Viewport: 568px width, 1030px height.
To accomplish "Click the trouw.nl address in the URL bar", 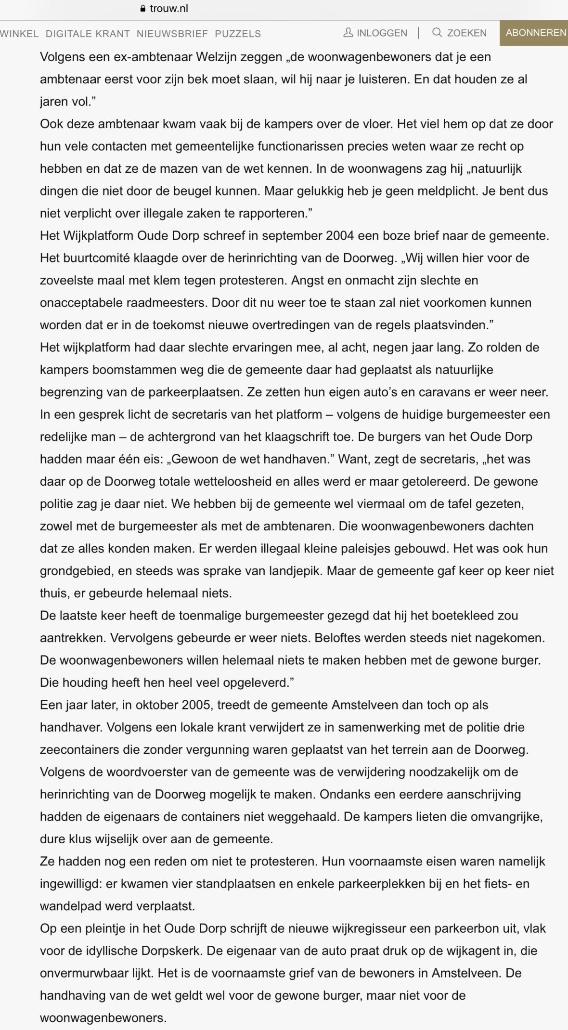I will (169, 9).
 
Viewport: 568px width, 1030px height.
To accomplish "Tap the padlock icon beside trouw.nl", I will (142, 9).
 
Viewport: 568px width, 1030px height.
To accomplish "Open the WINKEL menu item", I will (19, 34).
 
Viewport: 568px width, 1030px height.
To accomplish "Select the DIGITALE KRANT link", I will (88, 34).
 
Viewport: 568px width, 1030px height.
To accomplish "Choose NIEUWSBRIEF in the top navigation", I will (172, 34).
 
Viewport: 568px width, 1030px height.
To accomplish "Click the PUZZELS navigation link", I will (238, 34).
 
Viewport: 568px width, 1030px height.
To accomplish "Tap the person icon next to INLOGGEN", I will (348, 33).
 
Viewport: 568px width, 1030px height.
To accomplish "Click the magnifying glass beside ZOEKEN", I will (437, 33).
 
